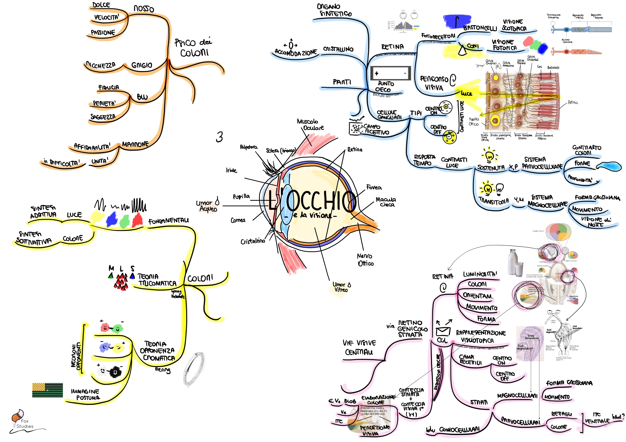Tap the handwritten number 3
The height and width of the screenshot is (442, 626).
coord(219,137)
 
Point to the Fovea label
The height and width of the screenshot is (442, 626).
coord(374,187)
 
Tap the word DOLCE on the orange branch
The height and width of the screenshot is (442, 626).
coord(101,5)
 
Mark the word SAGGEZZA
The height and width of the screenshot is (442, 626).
coord(103,117)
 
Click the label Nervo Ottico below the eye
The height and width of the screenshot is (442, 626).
coord(365,259)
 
